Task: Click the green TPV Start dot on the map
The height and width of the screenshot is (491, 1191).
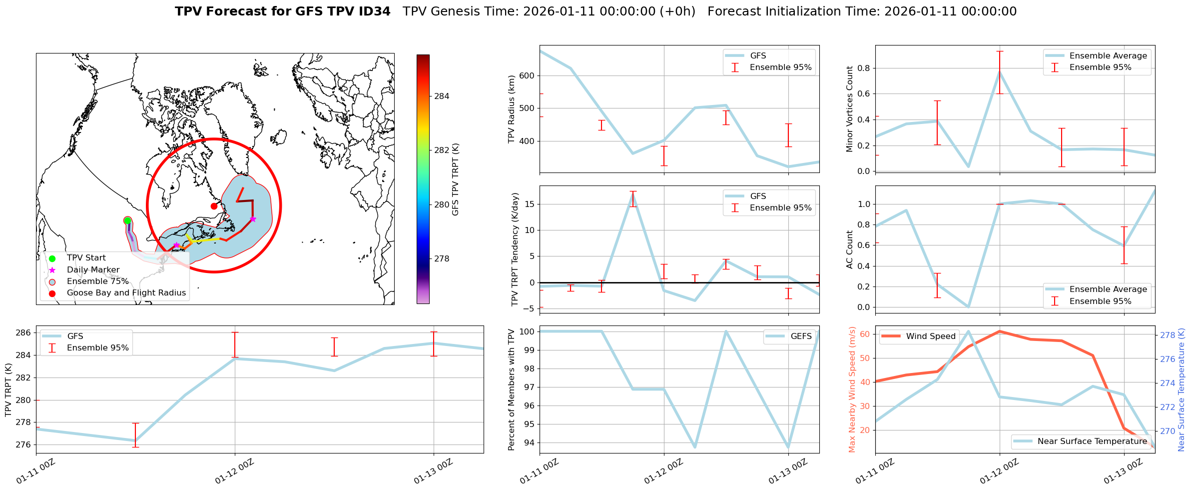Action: pyautogui.click(x=127, y=220)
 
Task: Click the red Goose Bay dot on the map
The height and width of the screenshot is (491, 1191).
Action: pyautogui.click(x=214, y=206)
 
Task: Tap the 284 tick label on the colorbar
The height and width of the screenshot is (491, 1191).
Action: pyautogui.click(x=442, y=96)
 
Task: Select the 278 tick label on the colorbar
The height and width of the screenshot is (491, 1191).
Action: pyautogui.click(x=442, y=259)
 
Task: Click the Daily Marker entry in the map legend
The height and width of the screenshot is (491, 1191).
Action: pyautogui.click(x=93, y=270)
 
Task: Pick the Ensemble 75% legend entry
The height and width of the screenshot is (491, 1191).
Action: pyautogui.click(x=97, y=281)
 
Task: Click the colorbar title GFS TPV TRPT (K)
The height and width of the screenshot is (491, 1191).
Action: pyautogui.click(x=455, y=179)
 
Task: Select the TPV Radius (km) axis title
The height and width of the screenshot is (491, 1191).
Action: pyautogui.click(x=511, y=109)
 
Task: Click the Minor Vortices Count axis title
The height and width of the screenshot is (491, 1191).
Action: pyautogui.click(x=849, y=109)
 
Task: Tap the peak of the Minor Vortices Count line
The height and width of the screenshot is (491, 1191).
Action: pyautogui.click(x=999, y=71)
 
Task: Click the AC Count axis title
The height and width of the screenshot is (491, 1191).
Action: pyautogui.click(x=849, y=249)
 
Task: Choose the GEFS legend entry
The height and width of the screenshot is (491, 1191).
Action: pyautogui.click(x=801, y=336)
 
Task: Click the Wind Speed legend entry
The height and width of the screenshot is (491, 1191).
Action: pyautogui.click(x=930, y=336)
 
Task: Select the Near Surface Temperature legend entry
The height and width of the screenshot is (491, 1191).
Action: pyautogui.click(x=1092, y=441)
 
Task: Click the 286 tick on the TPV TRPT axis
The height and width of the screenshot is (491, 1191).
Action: pyautogui.click(x=24, y=333)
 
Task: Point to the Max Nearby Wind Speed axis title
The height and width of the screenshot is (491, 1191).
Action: pyautogui.click(x=852, y=389)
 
